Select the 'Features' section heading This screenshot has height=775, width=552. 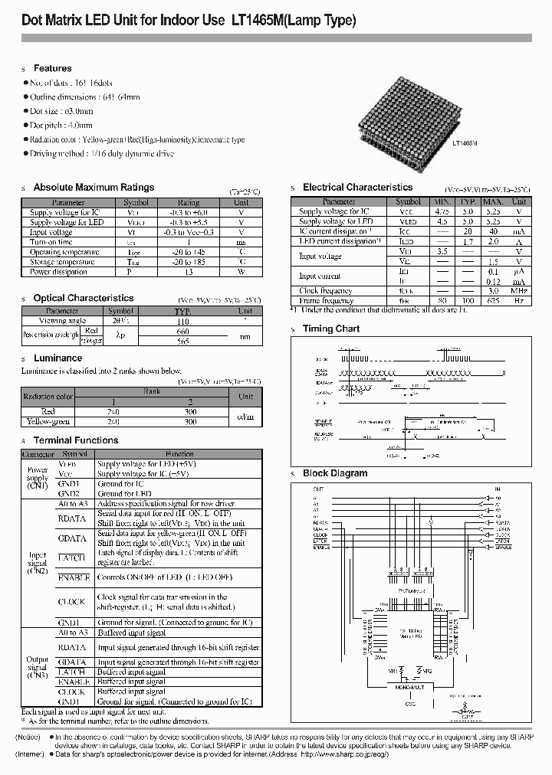coord(52,69)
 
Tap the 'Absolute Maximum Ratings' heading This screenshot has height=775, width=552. coord(94,188)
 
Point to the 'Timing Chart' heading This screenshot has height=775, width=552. coord(331,329)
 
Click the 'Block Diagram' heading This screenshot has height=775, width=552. coord(334,473)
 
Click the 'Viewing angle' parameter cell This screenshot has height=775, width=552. coord(63,322)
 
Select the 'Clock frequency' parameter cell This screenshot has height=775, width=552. coord(326,291)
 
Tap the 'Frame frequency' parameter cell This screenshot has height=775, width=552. coord(327,301)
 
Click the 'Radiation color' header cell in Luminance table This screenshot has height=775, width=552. coord(48,397)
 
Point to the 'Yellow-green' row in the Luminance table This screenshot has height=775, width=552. coord(48,421)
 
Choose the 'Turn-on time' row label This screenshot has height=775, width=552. coord(51,242)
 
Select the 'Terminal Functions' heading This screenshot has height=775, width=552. coord(75,440)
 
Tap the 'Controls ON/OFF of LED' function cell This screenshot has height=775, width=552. coord(157,577)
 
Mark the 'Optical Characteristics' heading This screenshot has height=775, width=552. coord(83,298)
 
